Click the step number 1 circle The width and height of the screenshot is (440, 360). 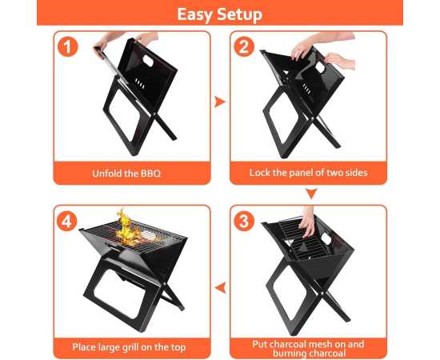[x=68, y=46]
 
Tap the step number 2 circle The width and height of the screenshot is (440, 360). [x=244, y=46]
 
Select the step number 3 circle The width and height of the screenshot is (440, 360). [x=243, y=221]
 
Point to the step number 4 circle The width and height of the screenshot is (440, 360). [x=67, y=221]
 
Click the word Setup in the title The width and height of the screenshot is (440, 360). [x=240, y=14]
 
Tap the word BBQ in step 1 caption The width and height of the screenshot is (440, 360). [x=150, y=174]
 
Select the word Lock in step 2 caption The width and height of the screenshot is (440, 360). [x=259, y=173]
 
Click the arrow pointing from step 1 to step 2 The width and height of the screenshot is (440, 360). [x=220, y=102]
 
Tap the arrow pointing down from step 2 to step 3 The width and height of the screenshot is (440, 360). [x=311, y=194]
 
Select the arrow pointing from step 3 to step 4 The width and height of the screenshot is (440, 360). [x=221, y=288]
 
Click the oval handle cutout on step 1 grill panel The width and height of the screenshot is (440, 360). [x=148, y=61]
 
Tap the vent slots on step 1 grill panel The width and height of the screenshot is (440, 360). [x=140, y=84]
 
